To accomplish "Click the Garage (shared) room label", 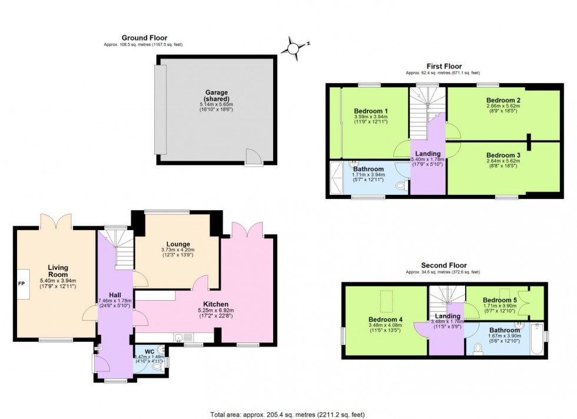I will coord(217,96).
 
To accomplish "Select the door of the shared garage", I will coord(254,157).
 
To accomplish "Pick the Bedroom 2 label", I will coord(503,100).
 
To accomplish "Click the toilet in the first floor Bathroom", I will coord(400,186).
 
